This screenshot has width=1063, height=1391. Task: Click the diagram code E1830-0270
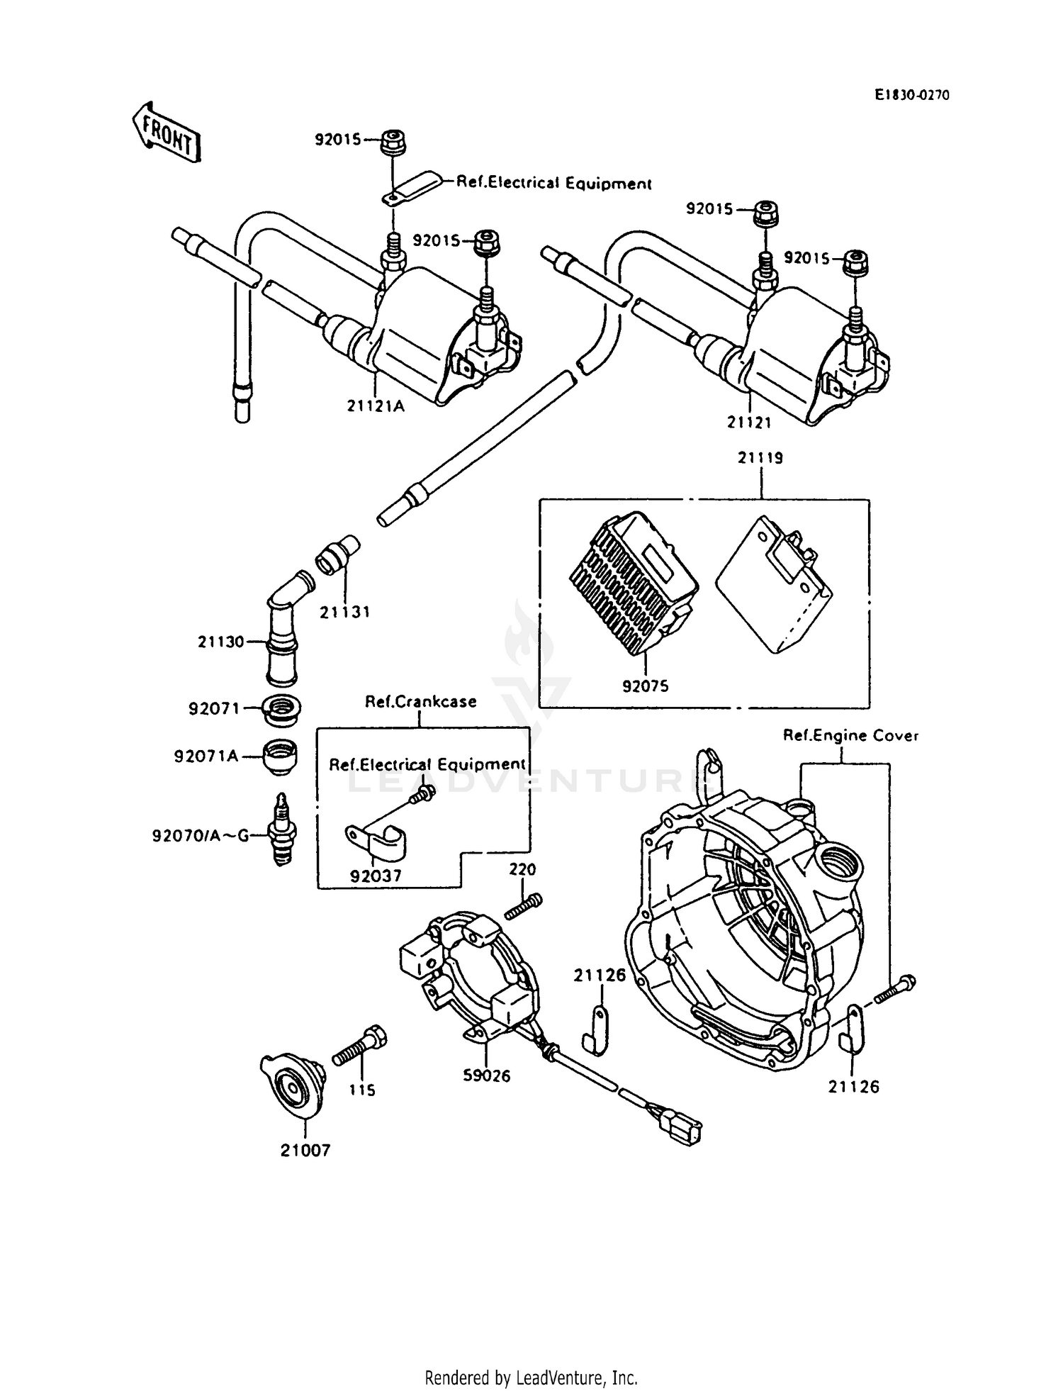click(911, 95)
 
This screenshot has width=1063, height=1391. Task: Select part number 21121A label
click(376, 406)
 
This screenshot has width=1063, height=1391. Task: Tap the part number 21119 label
click(760, 458)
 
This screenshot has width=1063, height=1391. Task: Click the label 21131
click(344, 611)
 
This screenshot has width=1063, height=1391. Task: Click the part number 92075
click(645, 686)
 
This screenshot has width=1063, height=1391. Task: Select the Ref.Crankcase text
click(420, 701)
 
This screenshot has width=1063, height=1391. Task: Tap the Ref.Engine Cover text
click(850, 736)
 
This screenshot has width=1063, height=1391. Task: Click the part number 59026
click(486, 1076)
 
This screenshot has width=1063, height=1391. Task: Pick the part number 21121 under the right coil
click(748, 422)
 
